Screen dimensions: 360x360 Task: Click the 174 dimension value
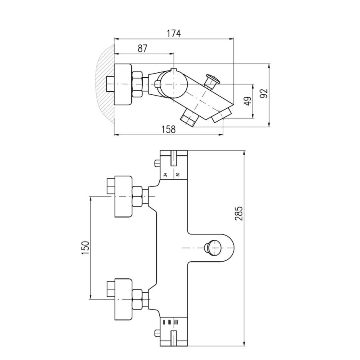pyautogui.click(x=174, y=34)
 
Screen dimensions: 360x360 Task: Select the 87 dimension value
pyautogui.click(x=142, y=48)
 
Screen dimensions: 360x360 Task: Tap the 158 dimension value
pyautogui.click(x=168, y=130)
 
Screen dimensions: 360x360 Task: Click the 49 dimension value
pyautogui.click(x=248, y=101)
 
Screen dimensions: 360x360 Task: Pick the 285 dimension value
pyautogui.click(x=239, y=214)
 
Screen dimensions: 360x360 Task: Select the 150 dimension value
pyautogui.click(x=85, y=248)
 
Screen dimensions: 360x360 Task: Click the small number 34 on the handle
pyautogui.click(x=165, y=174)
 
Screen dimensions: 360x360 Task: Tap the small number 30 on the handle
pyautogui.click(x=178, y=174)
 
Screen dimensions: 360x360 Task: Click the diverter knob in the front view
pyautogui.click(x=212, y=248)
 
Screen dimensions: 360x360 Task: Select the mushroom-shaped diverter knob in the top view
pyautogui.click(x=212, y=81)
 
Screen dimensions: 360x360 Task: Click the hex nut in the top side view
pyautogui.click(x=137, y=84)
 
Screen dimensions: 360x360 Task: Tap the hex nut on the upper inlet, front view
pyautogui.click(x=137, y=196)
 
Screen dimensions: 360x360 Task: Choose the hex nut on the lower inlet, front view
pyautogui.click(x=137, y=299)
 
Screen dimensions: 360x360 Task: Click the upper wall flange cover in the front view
pyautogui.click(x=124, y=196)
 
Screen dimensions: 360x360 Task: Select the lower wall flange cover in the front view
pyautogui.click(x=124, y=299)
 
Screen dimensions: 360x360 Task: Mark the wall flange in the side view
pyautogui.click(x=123, y=84)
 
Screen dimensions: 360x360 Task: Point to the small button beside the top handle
pyautogui.click(x=157, y=163)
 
